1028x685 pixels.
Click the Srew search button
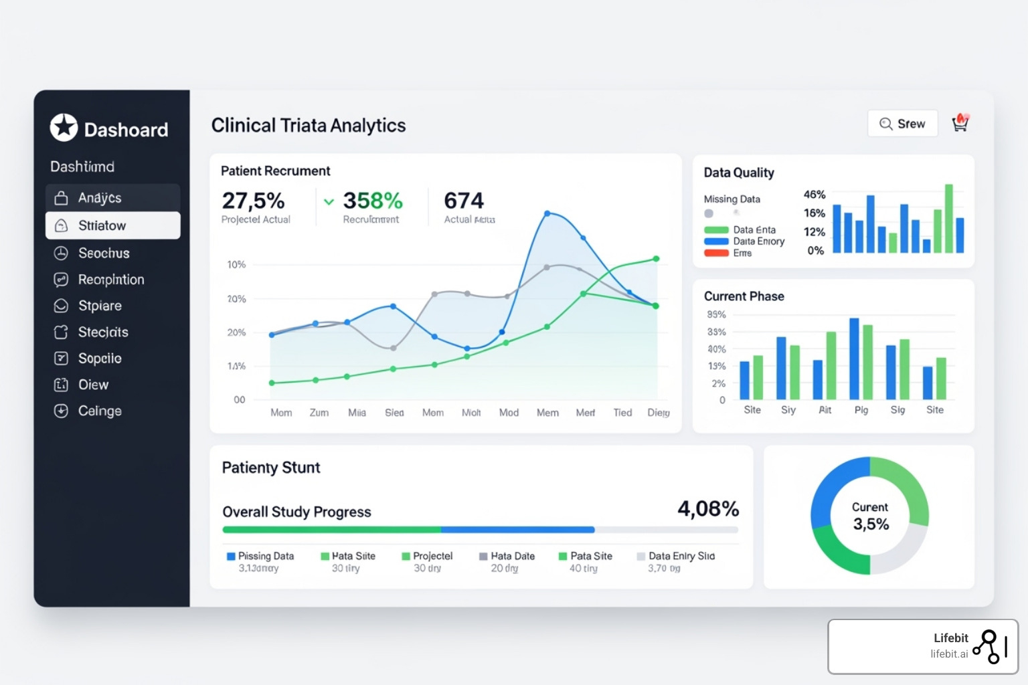point(902,124)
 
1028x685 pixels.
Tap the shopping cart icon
point(960,123)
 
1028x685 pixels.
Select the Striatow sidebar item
point(112,225)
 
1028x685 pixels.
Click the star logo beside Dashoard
point(64,127)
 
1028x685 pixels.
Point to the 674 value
point(464,201)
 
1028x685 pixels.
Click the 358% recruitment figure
point(373,201)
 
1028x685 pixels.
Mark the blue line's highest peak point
point(547,213)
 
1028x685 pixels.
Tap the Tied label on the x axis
point(622,413)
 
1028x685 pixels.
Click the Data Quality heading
point(739,173)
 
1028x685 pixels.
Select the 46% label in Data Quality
point(815,195)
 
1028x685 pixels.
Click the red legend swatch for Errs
point(716,253)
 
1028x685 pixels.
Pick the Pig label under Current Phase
point(861,409)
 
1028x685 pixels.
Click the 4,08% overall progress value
point(708,509)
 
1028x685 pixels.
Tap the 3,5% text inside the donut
point(871,524)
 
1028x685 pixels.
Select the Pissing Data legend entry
point(260,556)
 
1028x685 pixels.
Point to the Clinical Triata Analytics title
point(309,126)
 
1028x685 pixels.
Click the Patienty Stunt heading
point(271,468)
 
